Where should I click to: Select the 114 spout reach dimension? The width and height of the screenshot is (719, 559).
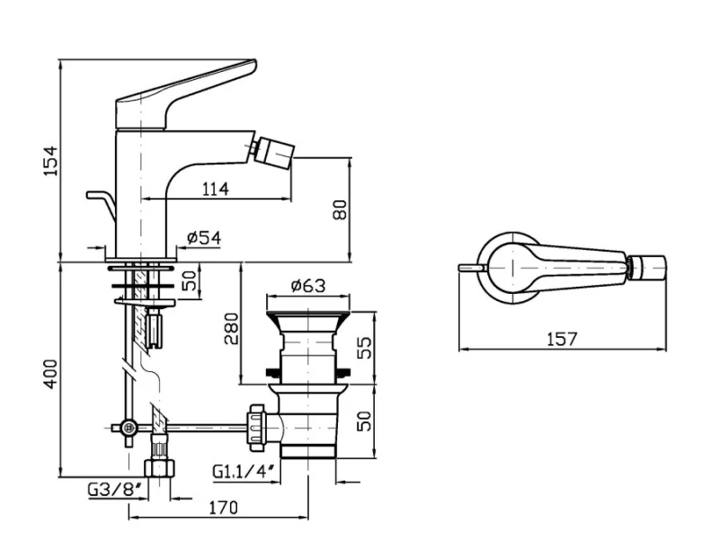tap(215, 189)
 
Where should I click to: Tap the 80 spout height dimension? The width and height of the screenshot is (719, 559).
tap(340, 209)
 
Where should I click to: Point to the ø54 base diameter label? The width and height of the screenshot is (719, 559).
tap(204, 237)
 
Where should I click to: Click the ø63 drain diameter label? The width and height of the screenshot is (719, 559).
tap(308, 286)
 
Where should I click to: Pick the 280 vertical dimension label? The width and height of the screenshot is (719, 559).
tap(232, 328)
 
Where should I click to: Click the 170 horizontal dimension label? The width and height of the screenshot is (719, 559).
tap(224, 508)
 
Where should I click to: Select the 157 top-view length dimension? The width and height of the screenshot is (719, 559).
tap(563, 339)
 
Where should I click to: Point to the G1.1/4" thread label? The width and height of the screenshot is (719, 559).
tap(244, 472)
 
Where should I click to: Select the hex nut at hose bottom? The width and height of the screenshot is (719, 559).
tap(160, 468)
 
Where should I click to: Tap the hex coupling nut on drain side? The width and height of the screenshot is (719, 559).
tap(256, 427)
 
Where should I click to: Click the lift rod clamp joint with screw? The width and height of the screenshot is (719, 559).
tap(129, 429)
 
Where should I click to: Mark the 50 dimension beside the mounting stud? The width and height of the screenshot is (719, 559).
tap(190, 280)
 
